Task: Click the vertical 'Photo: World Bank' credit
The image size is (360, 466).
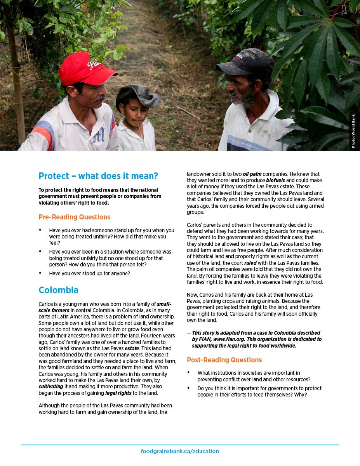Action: [x=353, y=131]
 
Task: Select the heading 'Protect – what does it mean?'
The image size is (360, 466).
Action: [x=98, y=176]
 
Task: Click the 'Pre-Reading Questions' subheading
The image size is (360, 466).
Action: [x=75, y=217]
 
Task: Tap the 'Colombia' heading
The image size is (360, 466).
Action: [x=59, y=290]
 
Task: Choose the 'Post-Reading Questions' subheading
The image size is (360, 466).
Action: [x=224, y=360]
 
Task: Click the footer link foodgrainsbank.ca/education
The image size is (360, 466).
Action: [x=180, y=451]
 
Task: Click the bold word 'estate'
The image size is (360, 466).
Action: [x=132, y=348]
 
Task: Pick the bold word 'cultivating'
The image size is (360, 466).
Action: [x=51, y=387]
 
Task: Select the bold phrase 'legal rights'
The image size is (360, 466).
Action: [x=118, y=393]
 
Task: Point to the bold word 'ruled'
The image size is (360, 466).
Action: [x=250, y=263]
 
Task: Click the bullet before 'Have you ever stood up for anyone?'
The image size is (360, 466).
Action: [x=40, y=273]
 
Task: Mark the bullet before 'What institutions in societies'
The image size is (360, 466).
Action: [x=188, y=372]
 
